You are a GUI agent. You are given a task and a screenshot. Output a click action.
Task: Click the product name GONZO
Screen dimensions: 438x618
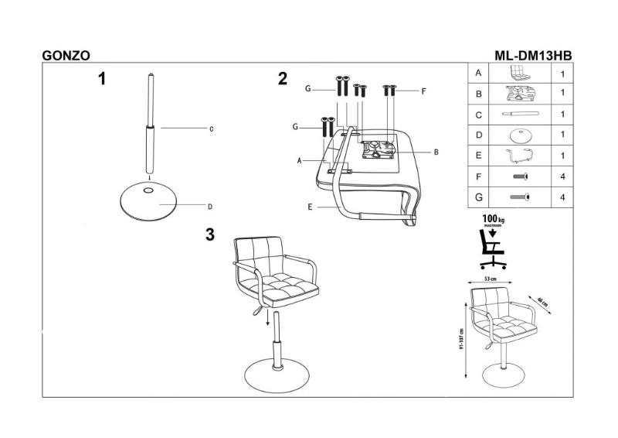pyautogui.click(x=65, y=56)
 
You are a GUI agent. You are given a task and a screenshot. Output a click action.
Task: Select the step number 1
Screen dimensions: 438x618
pyautogui.click(x=101, y=77)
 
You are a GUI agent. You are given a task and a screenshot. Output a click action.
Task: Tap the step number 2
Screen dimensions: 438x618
pyautogui.click(x=283, y=78)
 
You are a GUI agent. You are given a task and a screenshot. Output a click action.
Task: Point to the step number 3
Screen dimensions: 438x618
pyautogui.click(x=209, y=235)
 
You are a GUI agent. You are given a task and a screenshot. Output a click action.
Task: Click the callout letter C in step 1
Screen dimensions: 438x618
pyautogui.click(x=210, y=128)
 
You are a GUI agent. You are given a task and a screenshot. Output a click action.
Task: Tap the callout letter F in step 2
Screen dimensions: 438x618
pyautogui.click(x=423, y=91)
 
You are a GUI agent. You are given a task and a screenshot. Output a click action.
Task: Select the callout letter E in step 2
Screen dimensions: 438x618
pyautogui.click(x=310, y=207)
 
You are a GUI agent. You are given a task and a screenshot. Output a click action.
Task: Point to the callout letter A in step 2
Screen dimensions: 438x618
pyautogui.click(x=298, y=161)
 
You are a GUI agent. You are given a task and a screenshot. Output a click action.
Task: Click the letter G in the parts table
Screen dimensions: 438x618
pyautogui.click(x=479, y=197)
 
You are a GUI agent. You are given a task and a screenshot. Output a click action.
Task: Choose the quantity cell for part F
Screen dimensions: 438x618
pyautogui.click(x=562, y=176)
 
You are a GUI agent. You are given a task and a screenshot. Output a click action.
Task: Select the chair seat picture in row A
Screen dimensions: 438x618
pyautogui.click(x=523, y=74)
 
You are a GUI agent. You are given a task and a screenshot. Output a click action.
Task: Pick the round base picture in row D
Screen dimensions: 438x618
pyautogui.click(x=523, y=135)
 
